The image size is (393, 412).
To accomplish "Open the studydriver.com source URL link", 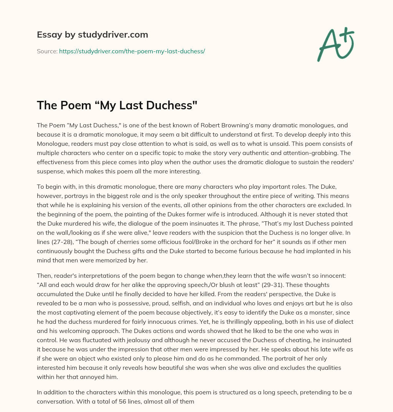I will (x=132, y=51).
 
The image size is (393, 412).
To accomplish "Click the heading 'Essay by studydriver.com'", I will (x=92, y=35).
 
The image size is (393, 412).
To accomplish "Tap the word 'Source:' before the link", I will (x=47, y=51).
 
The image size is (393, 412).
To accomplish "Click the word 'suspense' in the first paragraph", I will (x=49, y=171).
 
